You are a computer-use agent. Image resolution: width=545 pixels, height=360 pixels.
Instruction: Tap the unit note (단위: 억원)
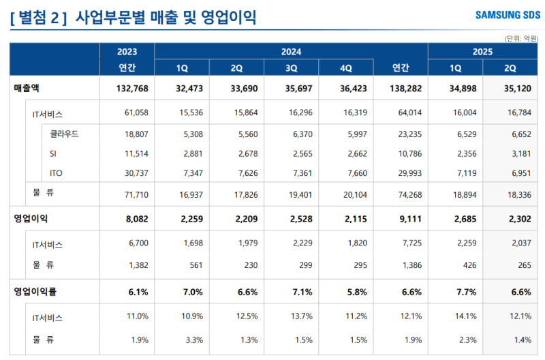click(521, 38)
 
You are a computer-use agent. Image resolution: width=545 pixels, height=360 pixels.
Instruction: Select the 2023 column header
click(127, 51)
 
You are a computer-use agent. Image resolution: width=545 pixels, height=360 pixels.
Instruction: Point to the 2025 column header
click(482, 51)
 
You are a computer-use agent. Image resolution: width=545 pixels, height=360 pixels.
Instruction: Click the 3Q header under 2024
click(291, 67)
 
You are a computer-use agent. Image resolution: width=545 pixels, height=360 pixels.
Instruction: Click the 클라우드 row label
click(65, 134)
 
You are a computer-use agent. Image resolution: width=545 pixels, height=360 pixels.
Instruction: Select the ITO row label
click(57, 172)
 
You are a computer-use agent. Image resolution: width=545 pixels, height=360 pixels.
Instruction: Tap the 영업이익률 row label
click(35, 291)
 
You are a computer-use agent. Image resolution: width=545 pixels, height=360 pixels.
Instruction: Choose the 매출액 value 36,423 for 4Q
click(352, 89)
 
